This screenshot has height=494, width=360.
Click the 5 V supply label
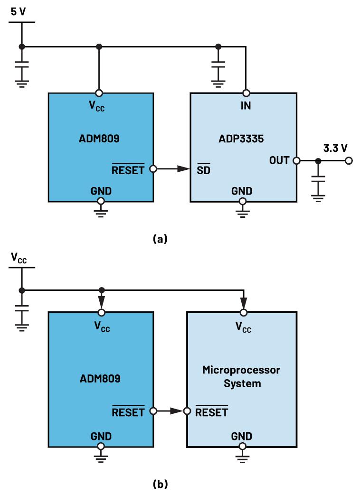[x=19, y=11]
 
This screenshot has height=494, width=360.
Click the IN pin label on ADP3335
[x=246, y=106]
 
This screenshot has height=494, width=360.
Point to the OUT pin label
[x=279, y=160]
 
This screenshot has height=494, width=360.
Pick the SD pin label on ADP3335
[x=203, y=169]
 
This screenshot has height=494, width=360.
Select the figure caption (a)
[x=160, y=239]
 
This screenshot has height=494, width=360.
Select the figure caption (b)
[x=160, y=485]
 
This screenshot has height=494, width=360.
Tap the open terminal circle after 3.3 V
[x=349, y=161]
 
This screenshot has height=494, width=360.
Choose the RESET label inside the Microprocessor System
[x=212, y=412]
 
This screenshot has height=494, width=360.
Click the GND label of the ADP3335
[x=242, y=191]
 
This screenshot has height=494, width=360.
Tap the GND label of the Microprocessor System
[x=242, y=436]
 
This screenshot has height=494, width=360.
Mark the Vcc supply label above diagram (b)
[x=19, y=258]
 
